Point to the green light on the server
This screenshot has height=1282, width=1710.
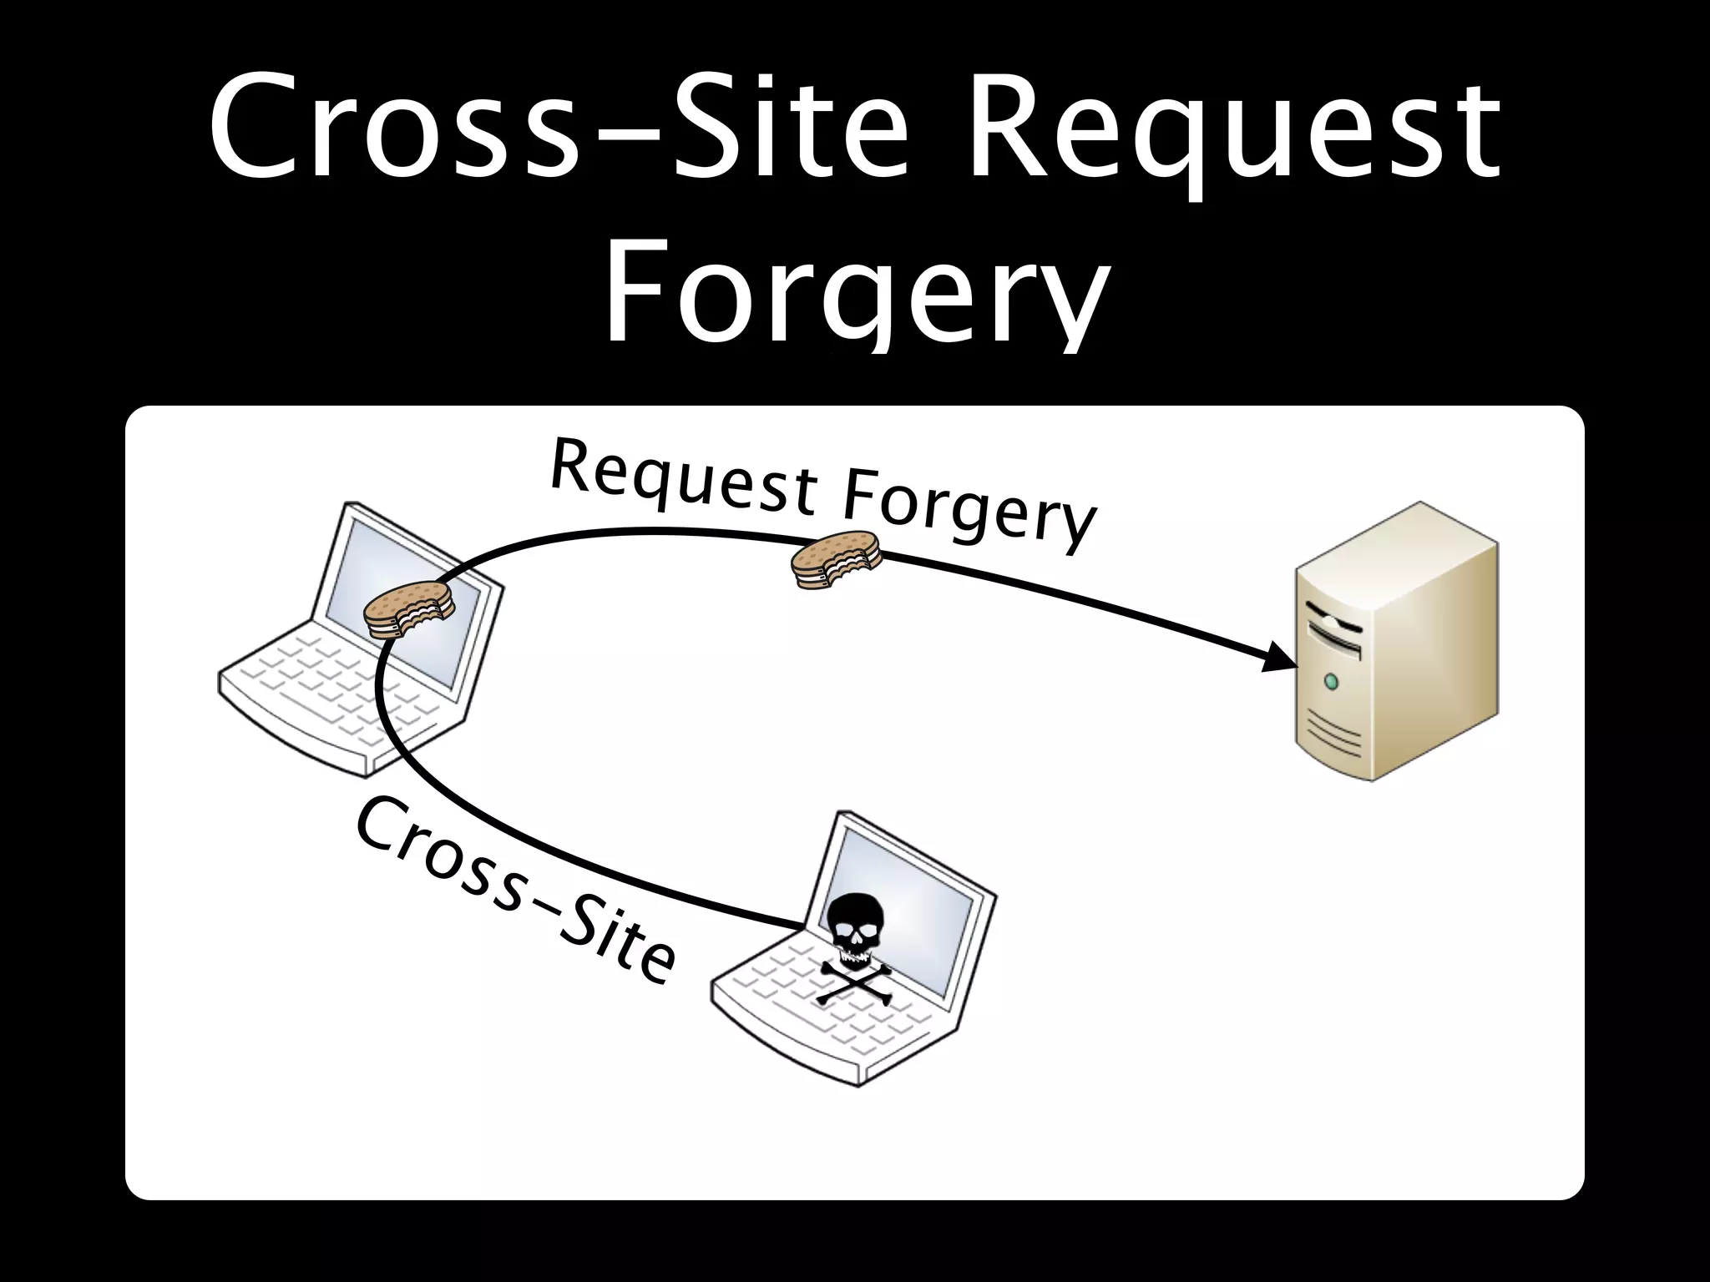tap(1331, 683)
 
